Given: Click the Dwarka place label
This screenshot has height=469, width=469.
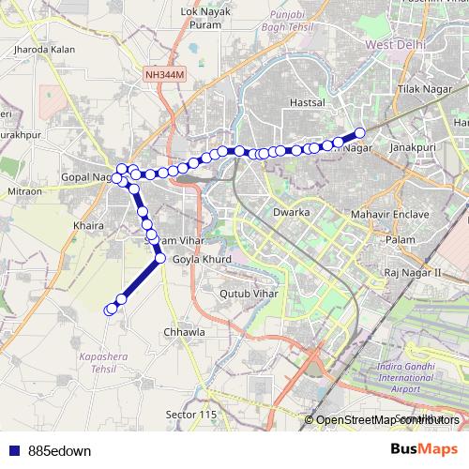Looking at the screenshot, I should point(291,213).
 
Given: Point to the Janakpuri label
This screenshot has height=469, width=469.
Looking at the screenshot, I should point(415,147).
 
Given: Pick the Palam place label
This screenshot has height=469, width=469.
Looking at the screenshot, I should point(400,240).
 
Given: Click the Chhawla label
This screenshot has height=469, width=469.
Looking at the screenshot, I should point(183,332).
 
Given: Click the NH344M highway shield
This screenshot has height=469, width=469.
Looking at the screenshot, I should point(166,72).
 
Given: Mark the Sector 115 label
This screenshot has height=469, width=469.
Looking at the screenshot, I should point(190,415).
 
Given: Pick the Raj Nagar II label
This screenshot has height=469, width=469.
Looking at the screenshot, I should point(413,272).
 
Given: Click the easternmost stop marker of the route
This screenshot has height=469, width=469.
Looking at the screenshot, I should point(360,133).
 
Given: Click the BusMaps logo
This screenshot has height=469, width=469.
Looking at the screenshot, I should point(419,449).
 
